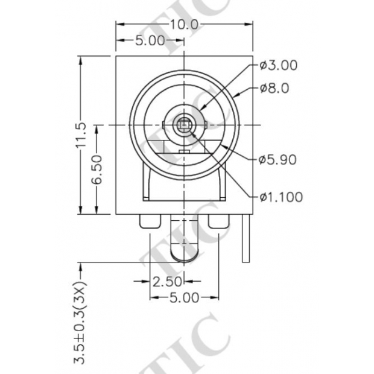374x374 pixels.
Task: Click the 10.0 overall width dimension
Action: (x=184, y=25)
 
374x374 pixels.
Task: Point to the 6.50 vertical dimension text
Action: (x=97, y=170)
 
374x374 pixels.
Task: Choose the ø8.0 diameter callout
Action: (x=274, y=88)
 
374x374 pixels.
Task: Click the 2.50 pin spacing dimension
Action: (x=166, y=281)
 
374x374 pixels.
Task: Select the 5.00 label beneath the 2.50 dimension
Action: (x=183, y=297)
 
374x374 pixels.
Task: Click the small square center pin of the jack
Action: (x=183, y=125)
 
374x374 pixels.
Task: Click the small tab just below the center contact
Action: (x=183, y=149)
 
